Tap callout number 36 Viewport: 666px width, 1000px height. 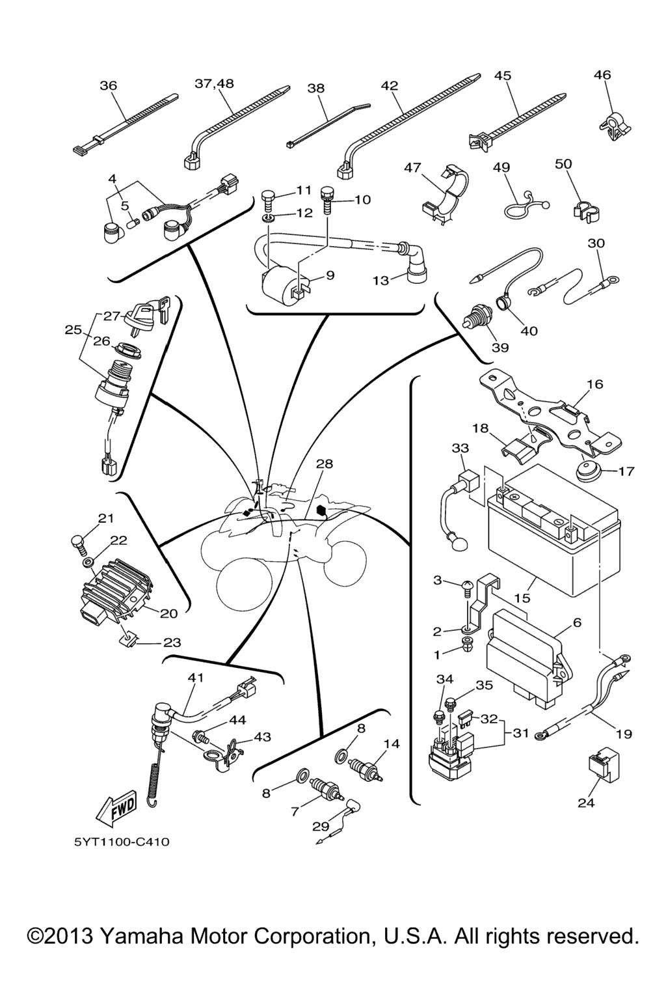[108, 85]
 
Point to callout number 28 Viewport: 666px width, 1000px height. [324, 464]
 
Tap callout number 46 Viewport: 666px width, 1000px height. [602, 75]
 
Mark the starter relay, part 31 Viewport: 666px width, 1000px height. [449, 754]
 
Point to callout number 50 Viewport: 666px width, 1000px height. [563, 163]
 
